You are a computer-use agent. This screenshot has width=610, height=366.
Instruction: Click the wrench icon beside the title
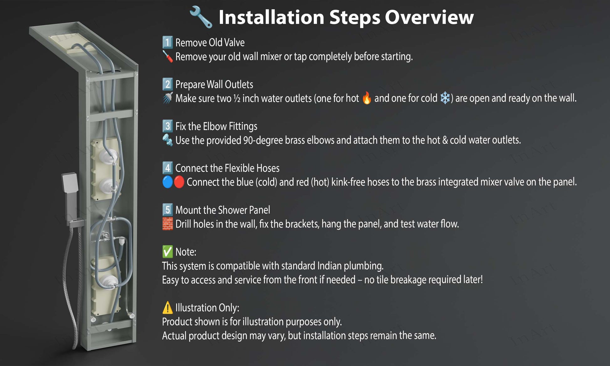[201, 17]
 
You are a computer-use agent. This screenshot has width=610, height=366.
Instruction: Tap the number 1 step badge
[167, 42]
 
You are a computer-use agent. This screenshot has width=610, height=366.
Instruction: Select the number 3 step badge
[167, 126]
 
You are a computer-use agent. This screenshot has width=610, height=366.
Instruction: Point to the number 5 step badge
[167, 210]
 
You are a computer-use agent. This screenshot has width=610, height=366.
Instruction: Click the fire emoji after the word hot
[366, 98]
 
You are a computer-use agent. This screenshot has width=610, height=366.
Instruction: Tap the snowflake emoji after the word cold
[445, 98]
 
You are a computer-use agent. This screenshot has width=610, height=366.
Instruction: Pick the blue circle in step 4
[167, 182]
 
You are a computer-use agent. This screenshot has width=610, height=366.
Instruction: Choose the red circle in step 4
[179, 182]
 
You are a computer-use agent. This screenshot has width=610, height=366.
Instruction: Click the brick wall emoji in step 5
[167, 224]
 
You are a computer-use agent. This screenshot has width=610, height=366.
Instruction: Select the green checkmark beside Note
[167, 252]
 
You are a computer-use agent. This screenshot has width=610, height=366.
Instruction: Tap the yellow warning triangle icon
[167, 307]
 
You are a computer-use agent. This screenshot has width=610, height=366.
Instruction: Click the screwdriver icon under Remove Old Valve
[167, 56]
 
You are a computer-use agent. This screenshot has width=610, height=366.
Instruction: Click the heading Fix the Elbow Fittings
[216, 126]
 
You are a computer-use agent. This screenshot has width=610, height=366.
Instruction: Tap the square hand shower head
[70, 183]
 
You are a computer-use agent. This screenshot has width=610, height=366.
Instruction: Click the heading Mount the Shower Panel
[223, 210]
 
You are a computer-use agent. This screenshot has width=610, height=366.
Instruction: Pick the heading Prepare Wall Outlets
[214, 84]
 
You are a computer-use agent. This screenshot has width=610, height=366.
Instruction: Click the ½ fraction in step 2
[237, 98]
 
